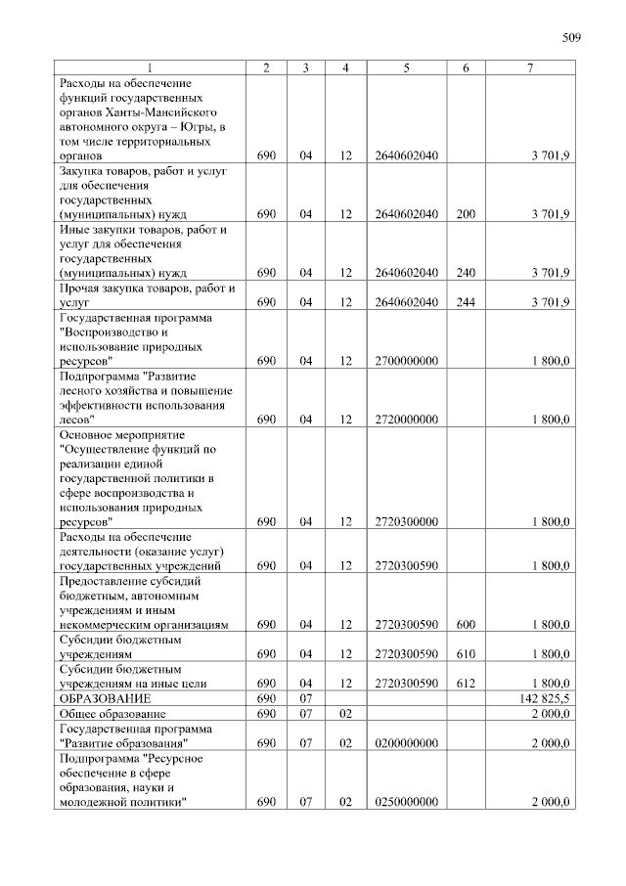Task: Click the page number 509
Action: point(571,38)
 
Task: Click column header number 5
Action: point(405,67)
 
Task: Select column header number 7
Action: point(530,67)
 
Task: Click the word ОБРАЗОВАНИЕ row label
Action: point(105,700)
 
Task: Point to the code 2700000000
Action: point(405,361)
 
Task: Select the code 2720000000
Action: point(405,420)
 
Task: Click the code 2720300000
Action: point(405,522)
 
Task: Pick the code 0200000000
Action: point(405,744)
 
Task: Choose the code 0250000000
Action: point(405,803)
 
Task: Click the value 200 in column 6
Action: point(466,214)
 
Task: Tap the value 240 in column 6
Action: point(466,273)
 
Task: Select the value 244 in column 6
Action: point(466,302)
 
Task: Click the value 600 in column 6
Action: point(466,624)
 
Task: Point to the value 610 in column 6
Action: point(466,653)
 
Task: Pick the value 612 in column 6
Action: point(466,683)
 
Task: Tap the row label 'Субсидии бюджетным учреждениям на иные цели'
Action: point(137,676)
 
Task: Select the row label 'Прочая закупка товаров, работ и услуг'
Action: point(147,295)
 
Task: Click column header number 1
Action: point(149,67)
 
